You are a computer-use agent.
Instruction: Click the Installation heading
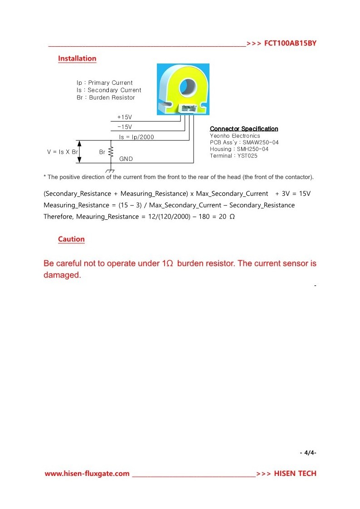coord(77,58)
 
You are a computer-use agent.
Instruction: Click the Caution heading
coord(71,239)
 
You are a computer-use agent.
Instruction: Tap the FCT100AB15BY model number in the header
coord(290,44)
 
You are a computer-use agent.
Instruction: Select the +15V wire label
coord(124,117)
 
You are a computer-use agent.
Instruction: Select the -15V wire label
coord(124,127)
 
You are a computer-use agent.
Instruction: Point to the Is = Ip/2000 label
coord(136,137)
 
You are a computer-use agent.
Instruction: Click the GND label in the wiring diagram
coord(126,159)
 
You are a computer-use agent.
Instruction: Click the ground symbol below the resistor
coord(110,170)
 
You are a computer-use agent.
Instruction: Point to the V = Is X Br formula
coord(63,152)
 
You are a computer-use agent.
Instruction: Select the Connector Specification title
coord(244,129)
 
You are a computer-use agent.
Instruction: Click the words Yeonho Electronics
coord(235,136)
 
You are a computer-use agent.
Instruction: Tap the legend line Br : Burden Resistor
coord(106,97)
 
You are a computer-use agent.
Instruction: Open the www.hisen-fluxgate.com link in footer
coord(87,474)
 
